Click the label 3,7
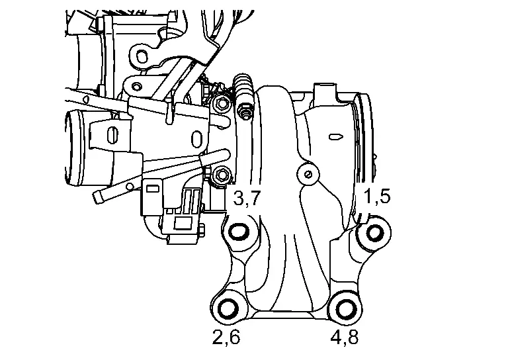[x=247, y=199]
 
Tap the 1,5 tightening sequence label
[x=376, y=197]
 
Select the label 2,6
[x=226, y=337]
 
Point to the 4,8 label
[x=345, y=337]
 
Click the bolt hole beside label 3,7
[x=239, y=232]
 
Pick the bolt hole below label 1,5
[x=375, y=233]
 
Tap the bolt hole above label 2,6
[x=228, y=309]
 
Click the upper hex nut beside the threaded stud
[x=222, y=105]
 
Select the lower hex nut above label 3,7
[x=222, y=175]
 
